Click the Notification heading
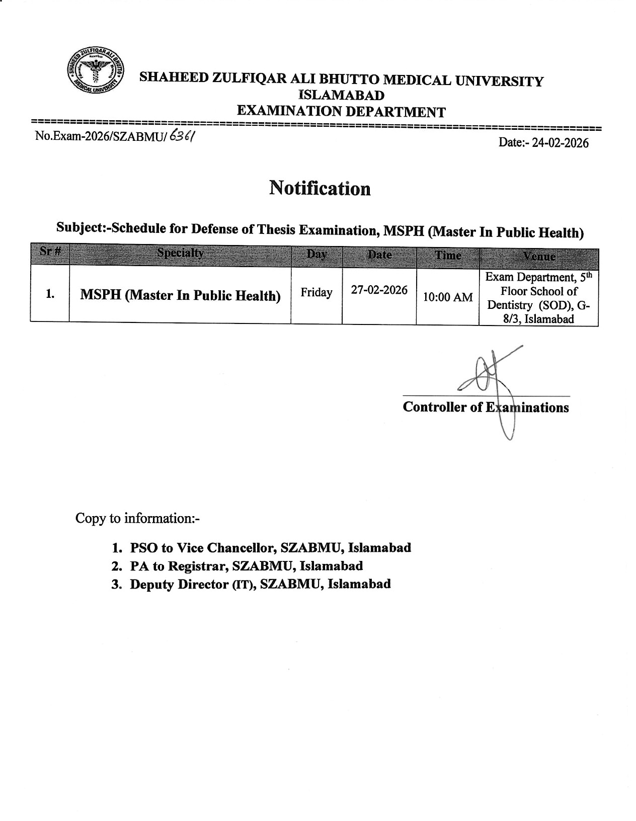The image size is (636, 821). coord(320,189)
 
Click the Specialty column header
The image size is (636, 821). coord(180,254)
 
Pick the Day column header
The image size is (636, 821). coord(316,255)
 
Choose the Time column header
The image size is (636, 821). coord(448,256)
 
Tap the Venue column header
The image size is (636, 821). coord(539,257)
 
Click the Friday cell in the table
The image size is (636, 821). coord(316,293)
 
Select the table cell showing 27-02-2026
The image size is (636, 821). coord(379,290)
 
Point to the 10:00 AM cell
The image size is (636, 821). coord(447,297)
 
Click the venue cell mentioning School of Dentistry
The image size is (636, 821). coord(538,298)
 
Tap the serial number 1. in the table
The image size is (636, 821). coord(50,294)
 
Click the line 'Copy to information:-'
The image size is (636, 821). coord(137,518)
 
